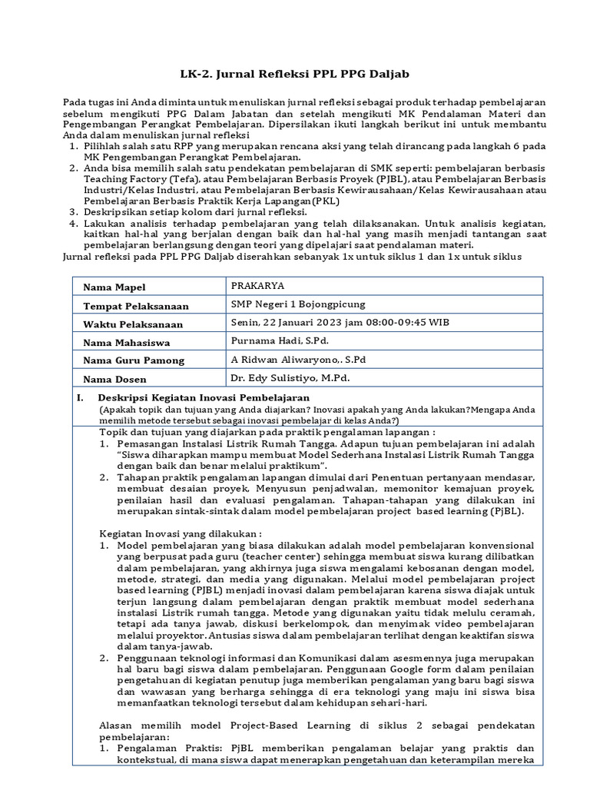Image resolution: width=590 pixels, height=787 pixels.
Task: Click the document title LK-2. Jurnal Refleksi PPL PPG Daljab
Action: coord(294,74)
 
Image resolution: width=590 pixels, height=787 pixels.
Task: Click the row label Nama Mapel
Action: coord(114,287)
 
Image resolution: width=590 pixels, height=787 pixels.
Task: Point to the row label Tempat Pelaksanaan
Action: coord(134,306)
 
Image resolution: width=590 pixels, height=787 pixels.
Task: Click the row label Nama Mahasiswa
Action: coord(127,343)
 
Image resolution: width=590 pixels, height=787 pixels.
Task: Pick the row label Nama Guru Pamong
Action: coord(134,361)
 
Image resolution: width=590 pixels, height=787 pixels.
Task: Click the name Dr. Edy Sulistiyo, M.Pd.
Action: coord(290,378)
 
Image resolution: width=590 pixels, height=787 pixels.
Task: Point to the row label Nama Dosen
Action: coord(114,380)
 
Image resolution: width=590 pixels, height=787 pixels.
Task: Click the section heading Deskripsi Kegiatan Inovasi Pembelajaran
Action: coord(204,397)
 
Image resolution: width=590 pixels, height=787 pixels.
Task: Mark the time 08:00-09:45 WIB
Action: coord(403,322)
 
